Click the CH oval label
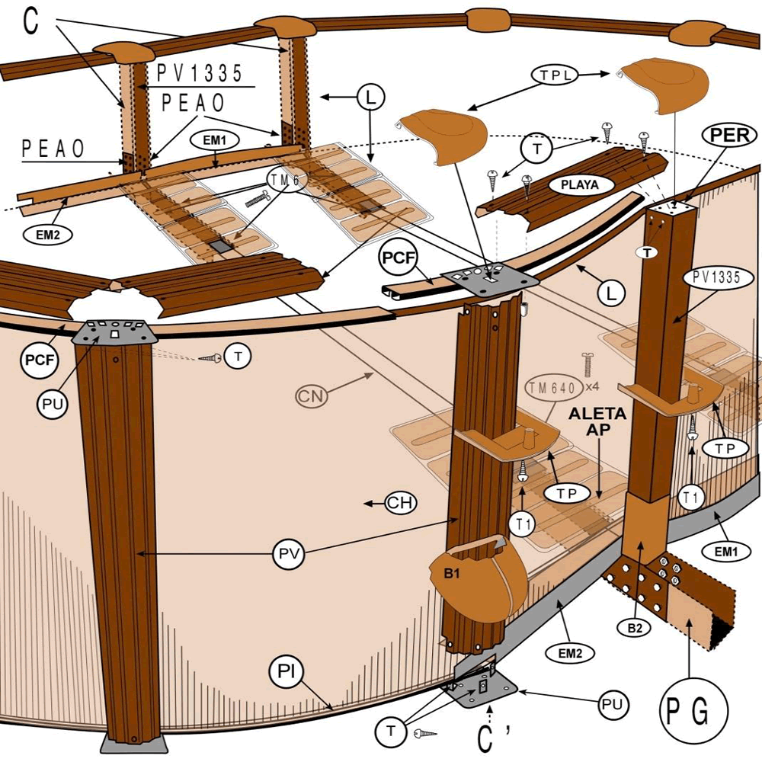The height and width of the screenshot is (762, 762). pos(400,503)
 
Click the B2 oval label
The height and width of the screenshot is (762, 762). pos(634,628)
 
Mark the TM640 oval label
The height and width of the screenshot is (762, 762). pos(551,388)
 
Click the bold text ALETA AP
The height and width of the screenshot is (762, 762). pos(597,421)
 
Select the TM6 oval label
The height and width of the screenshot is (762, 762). pos(282,179)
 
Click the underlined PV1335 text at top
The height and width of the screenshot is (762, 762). pos(200,74)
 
